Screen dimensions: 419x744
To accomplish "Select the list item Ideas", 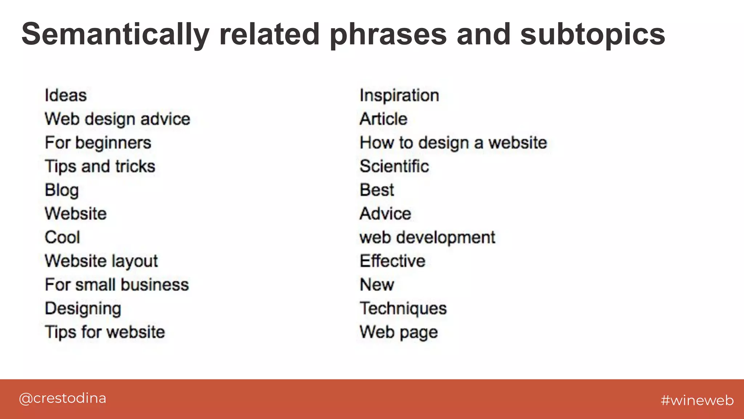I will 66,95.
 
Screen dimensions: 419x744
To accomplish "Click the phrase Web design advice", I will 117,119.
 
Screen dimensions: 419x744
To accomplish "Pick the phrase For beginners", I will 98,143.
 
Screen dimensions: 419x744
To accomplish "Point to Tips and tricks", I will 100,167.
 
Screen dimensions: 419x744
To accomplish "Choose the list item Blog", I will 62,190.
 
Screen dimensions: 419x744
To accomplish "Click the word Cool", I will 62,238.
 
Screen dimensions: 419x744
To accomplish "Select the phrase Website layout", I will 101,261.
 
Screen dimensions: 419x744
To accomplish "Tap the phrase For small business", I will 117,285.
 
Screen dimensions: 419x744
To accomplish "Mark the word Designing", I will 83,308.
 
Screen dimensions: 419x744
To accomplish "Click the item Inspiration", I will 399,95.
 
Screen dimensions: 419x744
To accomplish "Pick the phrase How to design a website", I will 453,143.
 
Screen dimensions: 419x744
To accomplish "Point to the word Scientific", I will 394,167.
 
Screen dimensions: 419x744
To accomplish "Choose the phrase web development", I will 427,238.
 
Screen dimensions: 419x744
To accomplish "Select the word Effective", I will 392,261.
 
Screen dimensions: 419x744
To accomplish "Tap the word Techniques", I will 403,308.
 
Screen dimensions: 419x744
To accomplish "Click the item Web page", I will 399,332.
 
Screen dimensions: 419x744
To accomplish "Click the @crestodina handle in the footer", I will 62,398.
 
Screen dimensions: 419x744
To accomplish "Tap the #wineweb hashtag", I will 697,400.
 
